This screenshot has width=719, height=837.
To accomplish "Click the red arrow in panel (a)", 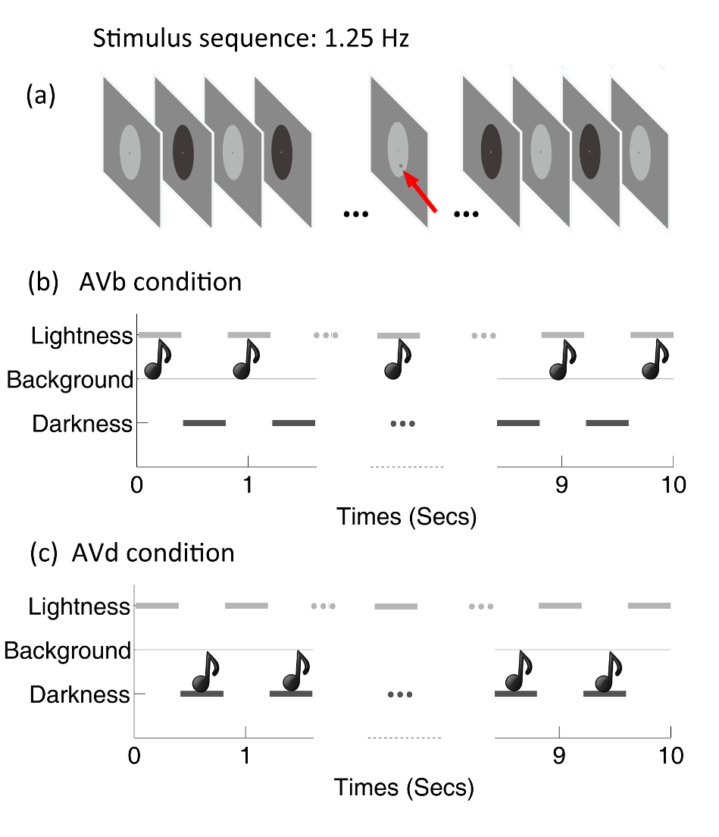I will click(x=420, y=193).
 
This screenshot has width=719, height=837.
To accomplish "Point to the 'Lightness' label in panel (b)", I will click(x=82, y=335).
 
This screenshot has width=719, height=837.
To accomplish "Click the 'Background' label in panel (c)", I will click(x=67, y=650).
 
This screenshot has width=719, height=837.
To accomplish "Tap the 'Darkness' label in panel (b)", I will click(x=82, y=423).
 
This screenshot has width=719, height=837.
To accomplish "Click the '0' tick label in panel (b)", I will click(x=136, y=484).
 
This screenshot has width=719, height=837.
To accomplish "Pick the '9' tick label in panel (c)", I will click(x=558, y=756).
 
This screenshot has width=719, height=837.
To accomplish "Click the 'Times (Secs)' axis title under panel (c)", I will click(x=405, y=788).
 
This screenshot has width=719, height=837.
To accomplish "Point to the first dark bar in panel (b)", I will click(x=204, y=422).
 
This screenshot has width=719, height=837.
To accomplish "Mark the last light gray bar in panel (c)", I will click(x=649, y=606).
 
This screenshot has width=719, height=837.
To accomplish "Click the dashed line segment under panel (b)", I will click(x=407, y=466).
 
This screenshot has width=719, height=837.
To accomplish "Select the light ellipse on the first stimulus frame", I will click(x=130, y=152).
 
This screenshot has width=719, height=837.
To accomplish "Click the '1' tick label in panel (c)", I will click(x=245, y=756).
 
